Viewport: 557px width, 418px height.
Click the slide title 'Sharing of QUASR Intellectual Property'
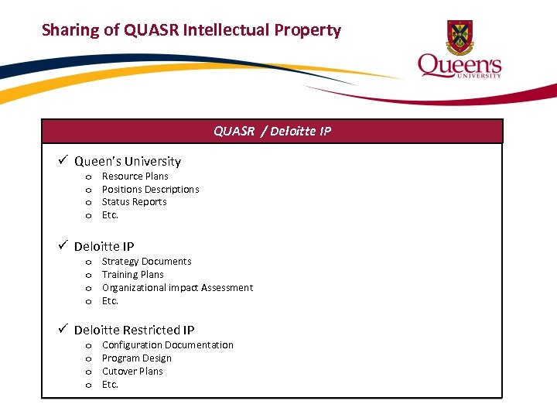pyautogui.click(x=191, y=30)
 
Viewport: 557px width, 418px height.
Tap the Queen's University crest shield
pyautogui.click(x=460, y=36)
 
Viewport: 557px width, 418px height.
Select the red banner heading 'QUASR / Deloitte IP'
pyautogui.click(x=272, y=131)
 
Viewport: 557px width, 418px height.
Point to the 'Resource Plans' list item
pyautogui.click(x=135, y=176)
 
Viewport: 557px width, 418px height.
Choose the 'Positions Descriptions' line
pyautogui.click(x=150, y=189)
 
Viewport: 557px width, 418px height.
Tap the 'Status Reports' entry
pyautogui.click(x=134, y=202)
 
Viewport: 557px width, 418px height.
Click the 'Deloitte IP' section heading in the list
pyautogui.click(x=104, y=246)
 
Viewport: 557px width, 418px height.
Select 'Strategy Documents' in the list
pyautogui.click(x=146, y=262)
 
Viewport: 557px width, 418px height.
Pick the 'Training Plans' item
pyautogui.click(x=132, y=275)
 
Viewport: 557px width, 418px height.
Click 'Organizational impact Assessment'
pyautogui.click(x=177, y=288)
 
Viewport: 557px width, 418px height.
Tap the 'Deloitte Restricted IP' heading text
pyautogui.click(x=134, y=330)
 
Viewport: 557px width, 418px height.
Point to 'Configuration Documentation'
pyautogui.click(x=167, y=345)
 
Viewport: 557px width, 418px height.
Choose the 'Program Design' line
pyautogui.click(x=136, y=358)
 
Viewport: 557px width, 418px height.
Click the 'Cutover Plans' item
pyautogui.click(x=132, y=372)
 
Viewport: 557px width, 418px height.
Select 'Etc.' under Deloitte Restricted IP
pyautogui.click(x=110, y=385)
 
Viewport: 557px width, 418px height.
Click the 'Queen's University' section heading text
pyautogui.click(x=127, y=161)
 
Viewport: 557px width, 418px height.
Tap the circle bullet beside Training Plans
pyautogui.click(x=88, y=276)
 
